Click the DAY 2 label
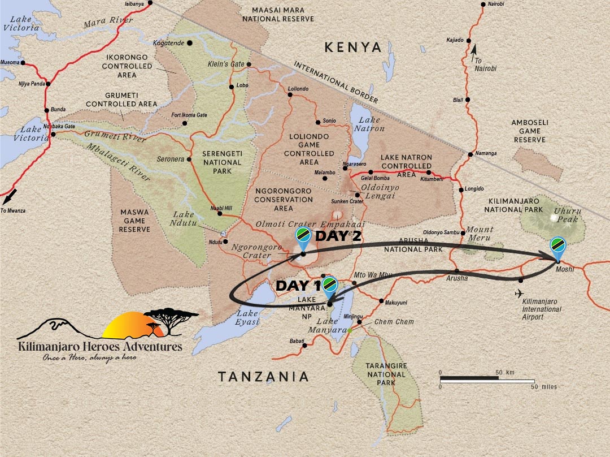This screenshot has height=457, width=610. pos(338,236)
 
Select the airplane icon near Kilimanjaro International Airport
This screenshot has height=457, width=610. pos(519,293)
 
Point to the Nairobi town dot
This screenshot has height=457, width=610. pos(483,5)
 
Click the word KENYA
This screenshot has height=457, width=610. pos(354,48)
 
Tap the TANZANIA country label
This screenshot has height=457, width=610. pos(264,377)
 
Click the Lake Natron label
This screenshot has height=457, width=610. pos(369,124)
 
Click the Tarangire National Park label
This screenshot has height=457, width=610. pos(387,374)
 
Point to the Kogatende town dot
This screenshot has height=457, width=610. pos(190,43)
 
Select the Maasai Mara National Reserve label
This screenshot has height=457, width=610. pos(277,14)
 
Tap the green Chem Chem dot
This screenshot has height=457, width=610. pos(350,330)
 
